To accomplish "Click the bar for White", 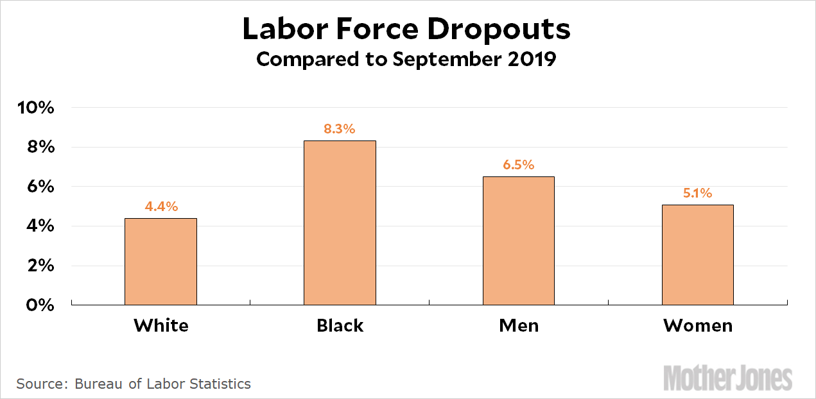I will pyautogui.click(x=161, y=262).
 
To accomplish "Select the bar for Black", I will pyautogui.click(x=340, y=223).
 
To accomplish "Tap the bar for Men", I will pyautogui.click(x=519, y=241).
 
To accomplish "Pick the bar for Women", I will pyautogui.click(x=698, y=255).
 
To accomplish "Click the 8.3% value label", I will pyautogui.click(x=340, y=129).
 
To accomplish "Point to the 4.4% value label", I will pyautogui.click(x=161, y=207).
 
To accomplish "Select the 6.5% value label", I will pyautogui.click(x=519, y=165).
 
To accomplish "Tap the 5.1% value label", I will pyautogui.click(x=698, y=193).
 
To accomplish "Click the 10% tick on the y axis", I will pyautogui.click(x=37, y=108).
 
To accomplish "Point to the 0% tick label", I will pyautogui.click(x=40, y=305).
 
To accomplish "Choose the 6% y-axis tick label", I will pyautogui.click(x=40, y=187).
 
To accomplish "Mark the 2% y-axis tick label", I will pyautogui.click(x=40, y=266).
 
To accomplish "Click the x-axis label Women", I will pyautogui.click(x=698, y=326).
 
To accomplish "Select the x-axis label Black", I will pyautogui.click(x=340, y=326).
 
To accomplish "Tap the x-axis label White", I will pyautogui.click(x=161, y=326).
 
